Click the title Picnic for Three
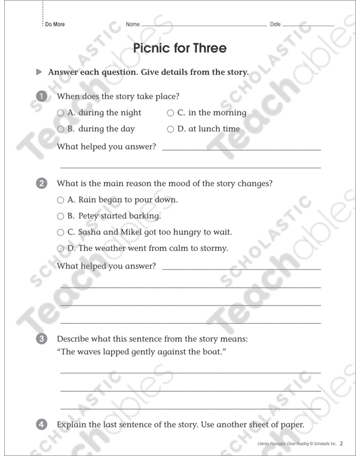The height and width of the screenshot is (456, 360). [x=179, y=48]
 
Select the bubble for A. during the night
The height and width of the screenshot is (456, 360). [x=60, y=113]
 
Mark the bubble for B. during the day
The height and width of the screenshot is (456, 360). [x=60, y=130]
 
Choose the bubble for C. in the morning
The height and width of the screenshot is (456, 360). [x=170, y=113]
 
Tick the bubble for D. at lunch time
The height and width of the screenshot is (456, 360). [x=170, y=130]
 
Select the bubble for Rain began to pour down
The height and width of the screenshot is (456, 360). [x=60, y=200]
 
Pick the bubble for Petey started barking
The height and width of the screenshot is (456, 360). [x=60, y=216]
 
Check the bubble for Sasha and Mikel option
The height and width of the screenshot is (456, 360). [x=60, y=233]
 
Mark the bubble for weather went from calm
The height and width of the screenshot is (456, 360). [x=60, y=249]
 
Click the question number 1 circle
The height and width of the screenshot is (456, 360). [x=41, y=96]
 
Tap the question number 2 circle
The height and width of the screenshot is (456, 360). [x=41, y=183]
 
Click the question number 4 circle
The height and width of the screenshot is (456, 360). [x=41, y=425]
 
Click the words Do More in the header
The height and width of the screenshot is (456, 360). [x=54, y=24]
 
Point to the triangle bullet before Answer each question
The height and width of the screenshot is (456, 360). [x=39, y=72]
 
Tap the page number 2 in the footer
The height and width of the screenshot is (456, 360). [x=342, y=443]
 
